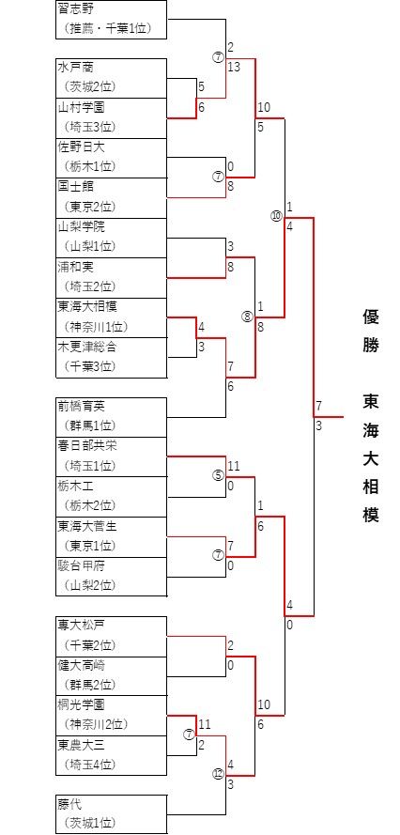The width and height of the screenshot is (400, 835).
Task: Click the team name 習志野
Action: (74, 8)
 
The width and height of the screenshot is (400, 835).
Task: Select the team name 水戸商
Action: (74, 67)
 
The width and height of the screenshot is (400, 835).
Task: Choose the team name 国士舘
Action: (74, 186)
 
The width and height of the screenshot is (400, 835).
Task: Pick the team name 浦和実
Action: (74, 266)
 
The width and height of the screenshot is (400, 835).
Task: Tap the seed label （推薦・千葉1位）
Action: (107, 29)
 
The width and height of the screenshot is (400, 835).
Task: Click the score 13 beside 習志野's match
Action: (235, 67)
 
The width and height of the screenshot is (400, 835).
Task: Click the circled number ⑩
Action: (276, 216)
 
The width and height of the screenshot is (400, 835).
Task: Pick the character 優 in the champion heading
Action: (371, 317)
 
